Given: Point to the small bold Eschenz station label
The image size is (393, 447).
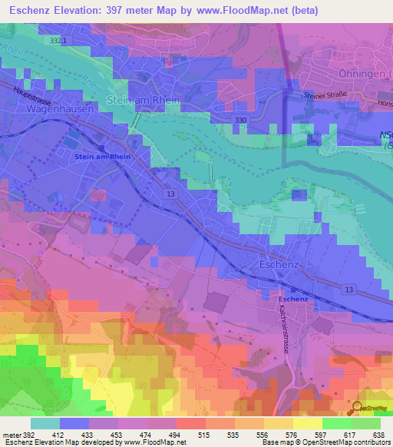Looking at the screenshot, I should (x=293, y=297).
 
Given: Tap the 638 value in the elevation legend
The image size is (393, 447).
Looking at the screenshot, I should (x=378, y=434).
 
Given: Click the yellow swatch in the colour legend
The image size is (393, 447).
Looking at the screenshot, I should (x=307, y=423).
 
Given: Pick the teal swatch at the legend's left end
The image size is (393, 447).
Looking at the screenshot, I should (x=45, y=423).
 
